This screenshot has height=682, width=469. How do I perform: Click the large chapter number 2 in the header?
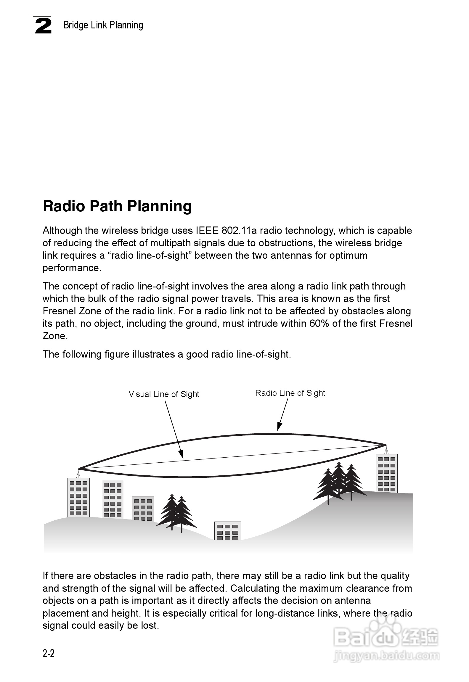click(x=43, y=26)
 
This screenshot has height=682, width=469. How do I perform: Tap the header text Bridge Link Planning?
click(x=103, y=25)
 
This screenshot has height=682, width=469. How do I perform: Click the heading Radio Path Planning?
click(x=117, y=206)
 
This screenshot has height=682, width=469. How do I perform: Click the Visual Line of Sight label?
click(x=164, y=394)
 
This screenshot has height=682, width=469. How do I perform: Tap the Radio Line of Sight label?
click(x=290, y=393)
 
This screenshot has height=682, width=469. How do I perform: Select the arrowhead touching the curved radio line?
click(x=279, y=427)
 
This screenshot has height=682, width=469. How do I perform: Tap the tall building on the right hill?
click(x=387, y=473)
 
